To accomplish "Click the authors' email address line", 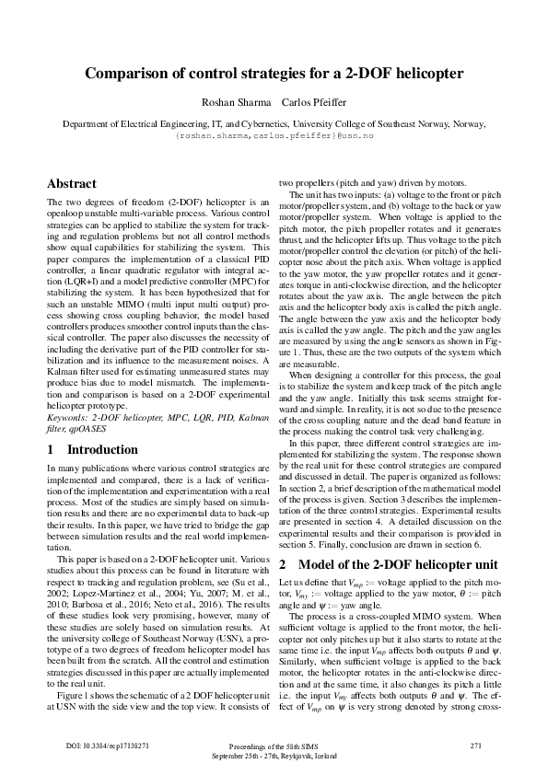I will [274, 134].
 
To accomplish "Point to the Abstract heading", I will [72, 183].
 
